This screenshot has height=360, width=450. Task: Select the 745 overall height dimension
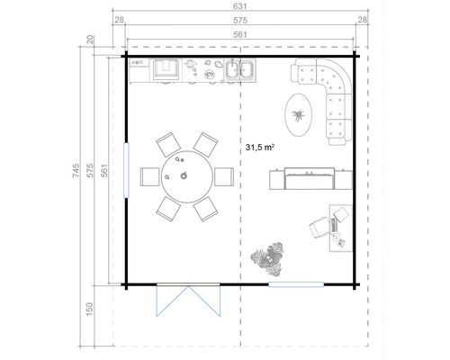[78, 171]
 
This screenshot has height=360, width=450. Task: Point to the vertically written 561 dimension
[106, 171]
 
